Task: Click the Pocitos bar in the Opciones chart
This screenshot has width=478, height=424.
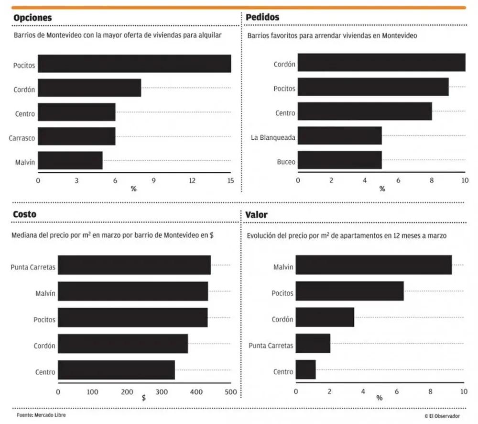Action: click(134, 64)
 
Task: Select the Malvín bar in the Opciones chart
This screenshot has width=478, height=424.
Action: click(70, 160)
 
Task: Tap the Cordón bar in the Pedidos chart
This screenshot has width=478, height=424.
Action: click(381, 63)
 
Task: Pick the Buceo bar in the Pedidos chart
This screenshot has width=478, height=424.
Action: click(339, 160)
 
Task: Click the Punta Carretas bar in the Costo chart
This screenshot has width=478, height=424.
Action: click(134, 265)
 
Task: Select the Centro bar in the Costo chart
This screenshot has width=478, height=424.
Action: click(116, 370)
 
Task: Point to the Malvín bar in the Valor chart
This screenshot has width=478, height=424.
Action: click(373, 265)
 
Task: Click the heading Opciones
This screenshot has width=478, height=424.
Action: click(33, 18)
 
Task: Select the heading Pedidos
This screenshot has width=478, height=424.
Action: click(262, 18)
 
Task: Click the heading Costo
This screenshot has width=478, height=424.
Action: click(24, 215)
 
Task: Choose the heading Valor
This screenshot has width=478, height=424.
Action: click(256, 215)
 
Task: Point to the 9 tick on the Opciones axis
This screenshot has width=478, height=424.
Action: click(153, 180)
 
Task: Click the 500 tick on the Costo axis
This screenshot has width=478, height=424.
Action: click(231, 392)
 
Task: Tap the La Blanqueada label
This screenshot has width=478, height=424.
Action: click(273, 138)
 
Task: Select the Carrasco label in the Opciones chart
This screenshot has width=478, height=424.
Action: click(22, 138)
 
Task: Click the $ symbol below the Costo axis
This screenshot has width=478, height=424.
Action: click(144, 398)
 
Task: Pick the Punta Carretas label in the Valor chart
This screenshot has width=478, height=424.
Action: click(271, 346)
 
